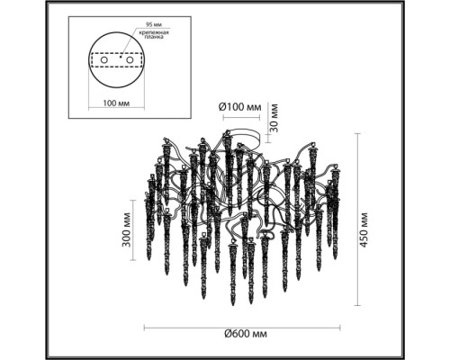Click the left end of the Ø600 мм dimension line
[x=143, y=324]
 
